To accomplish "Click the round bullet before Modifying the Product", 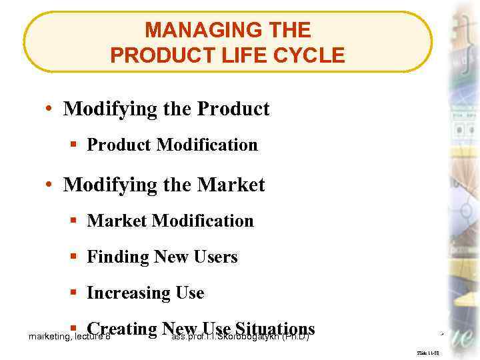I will pos(51,109).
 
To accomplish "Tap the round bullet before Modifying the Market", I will pos(51,185).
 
